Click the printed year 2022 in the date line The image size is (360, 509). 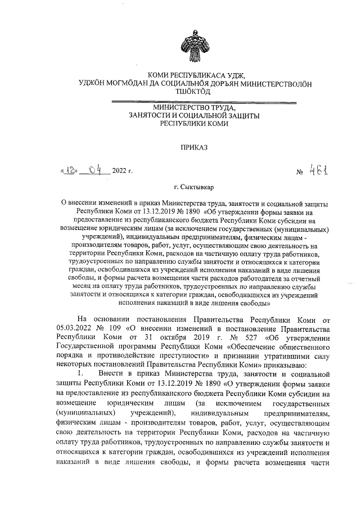click(120, 170)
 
